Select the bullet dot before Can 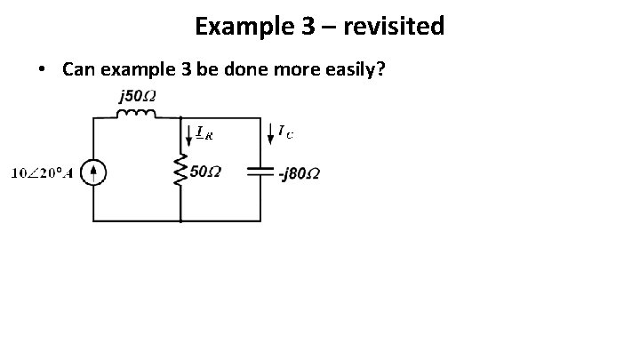click(43, 69)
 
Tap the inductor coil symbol click(137, 113)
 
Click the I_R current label click(204, 134)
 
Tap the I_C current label click(286, 132)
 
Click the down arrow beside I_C click(269, 133)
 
